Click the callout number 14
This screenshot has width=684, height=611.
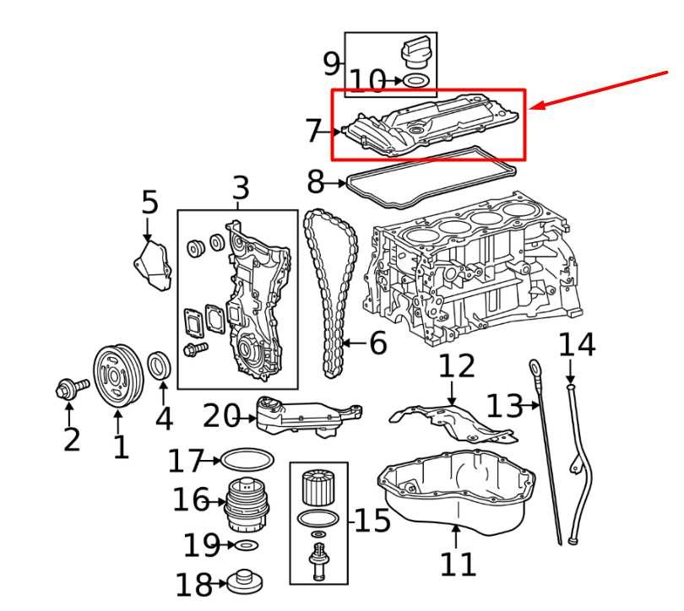(x=577, y=344)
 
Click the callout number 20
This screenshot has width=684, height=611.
(x=222, y=415)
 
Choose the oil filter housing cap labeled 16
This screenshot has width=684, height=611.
(x=248, y=503)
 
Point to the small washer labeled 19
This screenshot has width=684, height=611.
(x=245, y=545)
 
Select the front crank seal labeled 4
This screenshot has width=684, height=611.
(x=160, y=365)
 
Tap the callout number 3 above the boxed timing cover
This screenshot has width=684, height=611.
(x=241, y=188)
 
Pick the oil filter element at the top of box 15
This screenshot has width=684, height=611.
(x=319, y=489)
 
